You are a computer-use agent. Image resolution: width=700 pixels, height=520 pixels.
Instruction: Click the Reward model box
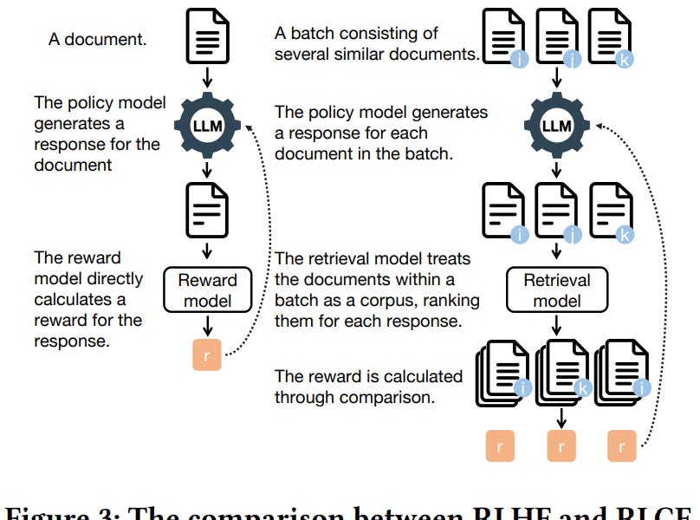[x=208, y=290]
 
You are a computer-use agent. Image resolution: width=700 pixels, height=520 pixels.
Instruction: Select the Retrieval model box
[x=557, y=290]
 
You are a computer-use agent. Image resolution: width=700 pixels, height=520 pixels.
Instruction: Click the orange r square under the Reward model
[x=208, y=354]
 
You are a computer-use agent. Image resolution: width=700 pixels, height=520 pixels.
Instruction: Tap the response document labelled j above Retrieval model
[x=557, y=210]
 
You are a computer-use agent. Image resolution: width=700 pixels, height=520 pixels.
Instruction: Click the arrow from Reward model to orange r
[x=208, y=326]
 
